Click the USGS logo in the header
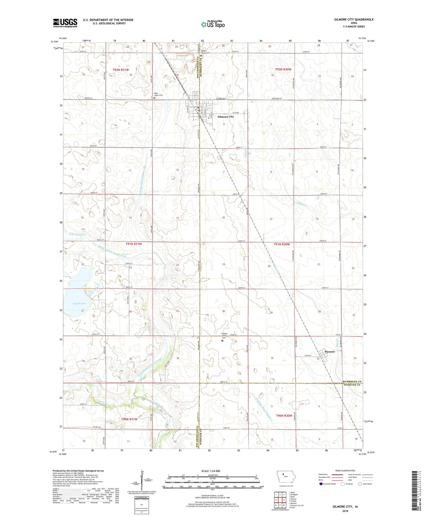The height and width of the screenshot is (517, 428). coord(65,23)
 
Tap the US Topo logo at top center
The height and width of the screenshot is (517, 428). coord(213,25)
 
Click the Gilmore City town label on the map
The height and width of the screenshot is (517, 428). coord(225,117)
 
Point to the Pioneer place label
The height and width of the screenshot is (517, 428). coord(330,352)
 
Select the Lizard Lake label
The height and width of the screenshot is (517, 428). coord(79,303)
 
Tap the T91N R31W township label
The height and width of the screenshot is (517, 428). coord(134,244)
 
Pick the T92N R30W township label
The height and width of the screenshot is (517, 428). coord(283,69)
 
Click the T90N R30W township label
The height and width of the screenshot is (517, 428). coord(284,415)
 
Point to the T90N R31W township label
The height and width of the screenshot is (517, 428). coord(129,419)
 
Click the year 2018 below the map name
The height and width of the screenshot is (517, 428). coord(345,511)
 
